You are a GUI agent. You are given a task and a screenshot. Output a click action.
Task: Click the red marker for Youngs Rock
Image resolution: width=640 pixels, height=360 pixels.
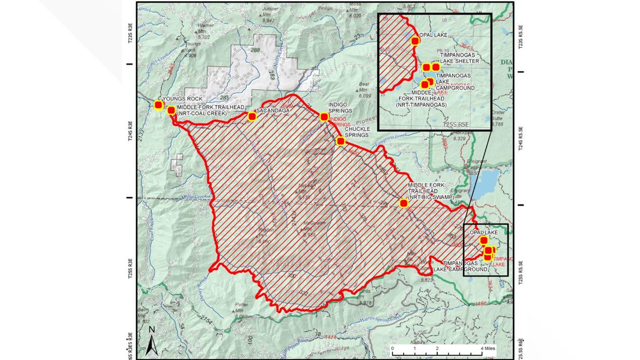click(158, 105)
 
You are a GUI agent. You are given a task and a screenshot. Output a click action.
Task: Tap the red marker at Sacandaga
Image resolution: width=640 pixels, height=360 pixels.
click(252, 116)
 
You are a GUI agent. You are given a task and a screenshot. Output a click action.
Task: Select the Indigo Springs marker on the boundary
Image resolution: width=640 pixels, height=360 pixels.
click(324, 117)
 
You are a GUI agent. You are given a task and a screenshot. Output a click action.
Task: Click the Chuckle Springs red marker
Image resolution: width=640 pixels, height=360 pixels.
click(340, 141)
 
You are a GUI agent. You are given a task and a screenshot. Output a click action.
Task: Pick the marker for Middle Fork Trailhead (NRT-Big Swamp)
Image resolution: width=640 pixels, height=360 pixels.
click(403, 203)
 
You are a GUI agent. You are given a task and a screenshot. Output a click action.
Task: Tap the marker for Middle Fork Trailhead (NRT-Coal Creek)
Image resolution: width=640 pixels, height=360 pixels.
click(171, 110)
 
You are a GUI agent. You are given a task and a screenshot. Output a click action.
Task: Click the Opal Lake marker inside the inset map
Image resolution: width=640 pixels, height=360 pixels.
click(415, 40)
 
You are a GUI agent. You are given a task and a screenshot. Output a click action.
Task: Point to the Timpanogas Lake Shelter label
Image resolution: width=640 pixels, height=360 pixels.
click(459, 58)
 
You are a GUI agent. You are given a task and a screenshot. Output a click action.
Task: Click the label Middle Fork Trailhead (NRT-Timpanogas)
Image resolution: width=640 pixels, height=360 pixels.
click(421, 99)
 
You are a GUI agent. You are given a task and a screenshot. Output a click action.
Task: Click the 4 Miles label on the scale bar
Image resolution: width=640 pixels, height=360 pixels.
click(487, 348)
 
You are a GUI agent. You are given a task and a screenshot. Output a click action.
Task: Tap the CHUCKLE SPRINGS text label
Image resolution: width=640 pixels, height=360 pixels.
click(356, 132)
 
